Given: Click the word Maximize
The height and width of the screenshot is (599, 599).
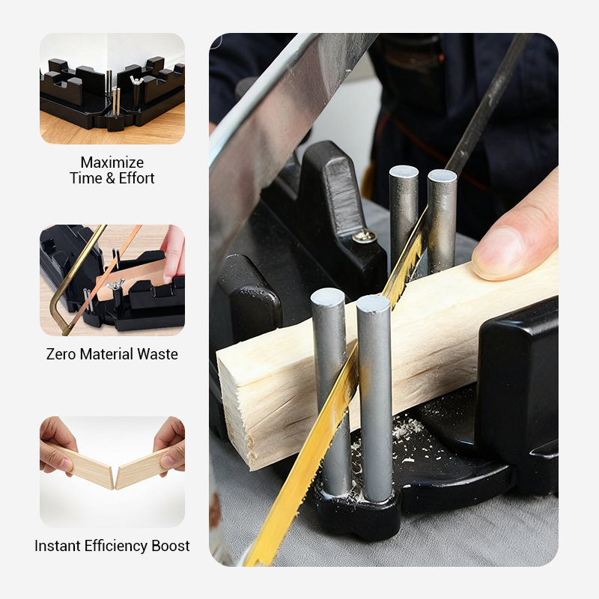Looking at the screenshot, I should (112, 162).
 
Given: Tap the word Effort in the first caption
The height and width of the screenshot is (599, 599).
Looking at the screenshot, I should (136, 178).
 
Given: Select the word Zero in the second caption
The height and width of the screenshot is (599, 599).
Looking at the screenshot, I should (62, 354).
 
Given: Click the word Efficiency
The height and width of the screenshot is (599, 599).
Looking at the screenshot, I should (115, 546).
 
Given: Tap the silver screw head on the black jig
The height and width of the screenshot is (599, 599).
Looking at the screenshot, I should (365, 237).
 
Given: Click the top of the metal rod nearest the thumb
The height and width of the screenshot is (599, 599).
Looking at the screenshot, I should (442, 177).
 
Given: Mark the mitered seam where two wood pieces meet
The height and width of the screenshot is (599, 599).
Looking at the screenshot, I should (114, 476).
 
